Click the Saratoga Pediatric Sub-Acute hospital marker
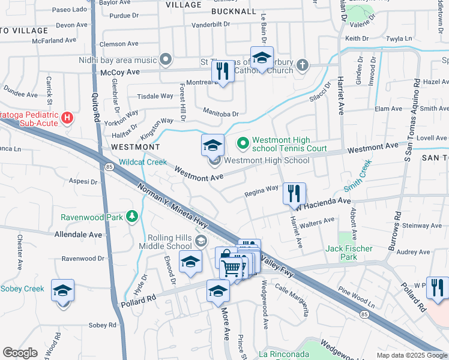tap(68, 118)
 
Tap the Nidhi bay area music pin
tap(166, 60)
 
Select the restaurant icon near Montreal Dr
tap(223, 71)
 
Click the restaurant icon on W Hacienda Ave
tap(294, 193)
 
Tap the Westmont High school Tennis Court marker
tap(243, 143)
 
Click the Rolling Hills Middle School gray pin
tap(201, 241)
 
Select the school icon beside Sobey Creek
tap(62, 290)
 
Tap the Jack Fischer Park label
tap(349, 253)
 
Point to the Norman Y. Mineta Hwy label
tap(175, 205)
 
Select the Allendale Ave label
tap(78, 235)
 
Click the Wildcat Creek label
tap(142, 162)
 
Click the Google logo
tap(20, 353)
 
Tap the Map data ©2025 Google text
tap(412, 355)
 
